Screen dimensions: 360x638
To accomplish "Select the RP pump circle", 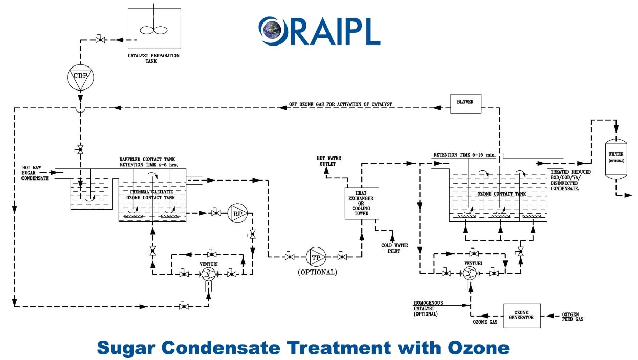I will [237, 214].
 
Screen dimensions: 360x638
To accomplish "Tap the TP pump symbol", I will [316, 256].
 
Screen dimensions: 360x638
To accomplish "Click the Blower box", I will [466, 102].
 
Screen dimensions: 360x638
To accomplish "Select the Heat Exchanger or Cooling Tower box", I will [361, 202].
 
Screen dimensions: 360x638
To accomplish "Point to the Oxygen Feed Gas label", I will [573, 316].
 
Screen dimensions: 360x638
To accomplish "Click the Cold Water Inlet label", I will [394, 249].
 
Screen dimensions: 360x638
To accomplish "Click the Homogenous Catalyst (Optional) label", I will [429, 308].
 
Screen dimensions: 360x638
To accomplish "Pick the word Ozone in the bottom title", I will [479, 348].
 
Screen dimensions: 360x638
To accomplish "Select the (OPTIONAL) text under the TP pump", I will [317, 272].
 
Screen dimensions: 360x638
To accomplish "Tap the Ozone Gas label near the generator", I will [486, 322].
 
